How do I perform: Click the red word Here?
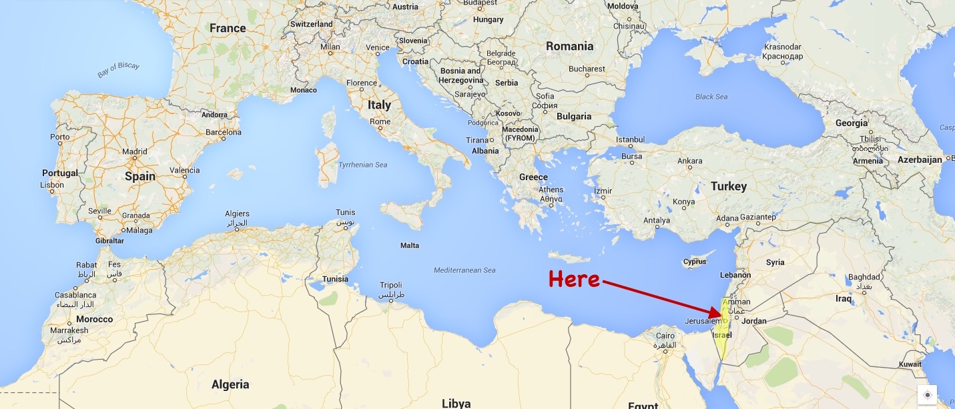pos(574,280)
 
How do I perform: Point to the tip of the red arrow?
pos(723,314)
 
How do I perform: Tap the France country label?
pos(228,28)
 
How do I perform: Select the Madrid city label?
pos(134,151)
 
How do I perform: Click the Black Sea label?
pos(711,97)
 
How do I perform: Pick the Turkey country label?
pos(728,186)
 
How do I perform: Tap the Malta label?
pos(410,246)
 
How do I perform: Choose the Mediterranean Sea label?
pos(464,270)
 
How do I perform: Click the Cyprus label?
pos(695,262)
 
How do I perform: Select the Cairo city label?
pos(665,336)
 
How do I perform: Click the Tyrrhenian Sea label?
pos(362,165)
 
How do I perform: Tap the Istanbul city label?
pos(631,139)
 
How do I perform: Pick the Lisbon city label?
pos(52,185)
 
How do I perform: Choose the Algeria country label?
pos(230,384)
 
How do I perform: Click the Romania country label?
pos(569,46)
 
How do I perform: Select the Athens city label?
pos(551,190)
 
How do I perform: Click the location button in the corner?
pos(927,395)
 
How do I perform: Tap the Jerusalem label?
pos(703,322)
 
